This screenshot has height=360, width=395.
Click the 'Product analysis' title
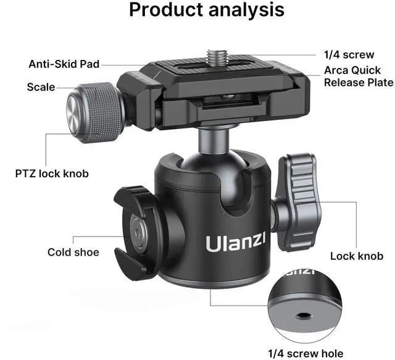click(x=207, y=11)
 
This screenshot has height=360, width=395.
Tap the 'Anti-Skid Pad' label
click(x=64, y=64)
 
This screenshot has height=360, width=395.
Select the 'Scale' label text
click(x=41, y=87)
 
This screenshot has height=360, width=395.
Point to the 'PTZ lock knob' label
click(x=52, y=174)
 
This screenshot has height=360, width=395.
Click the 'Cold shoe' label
click(x=73, y=252)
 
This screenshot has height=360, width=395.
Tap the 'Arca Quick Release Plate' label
click(x=359, y=77)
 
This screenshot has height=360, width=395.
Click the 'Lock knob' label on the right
click(x=357, y=256)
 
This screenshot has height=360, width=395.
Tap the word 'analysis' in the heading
click(x=245, y=11)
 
